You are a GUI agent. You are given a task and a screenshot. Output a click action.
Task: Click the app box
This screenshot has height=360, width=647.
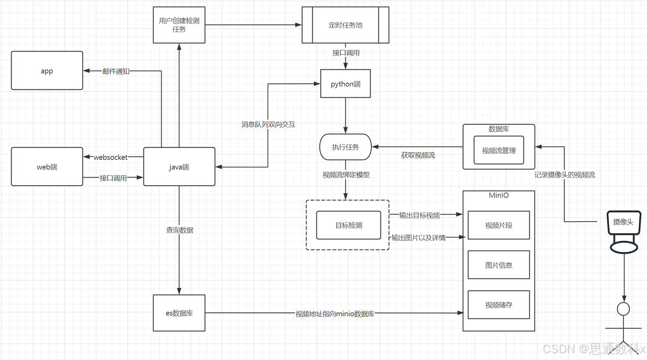pos(47,71)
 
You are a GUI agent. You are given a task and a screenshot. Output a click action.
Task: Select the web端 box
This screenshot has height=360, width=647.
pos(47,167)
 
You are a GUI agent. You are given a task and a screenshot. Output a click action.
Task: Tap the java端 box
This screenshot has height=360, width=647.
pos(179,167)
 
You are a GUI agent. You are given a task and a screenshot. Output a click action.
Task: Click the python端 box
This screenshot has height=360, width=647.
pos(345,84)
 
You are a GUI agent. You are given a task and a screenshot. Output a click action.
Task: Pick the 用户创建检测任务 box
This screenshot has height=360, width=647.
pos(179,25)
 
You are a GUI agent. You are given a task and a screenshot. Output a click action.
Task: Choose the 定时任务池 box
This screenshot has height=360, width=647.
pos(345,25)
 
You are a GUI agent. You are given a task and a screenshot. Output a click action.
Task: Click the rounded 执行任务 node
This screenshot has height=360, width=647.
pos(345,147)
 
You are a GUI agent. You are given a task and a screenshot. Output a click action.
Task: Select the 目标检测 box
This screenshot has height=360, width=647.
pos(349,225)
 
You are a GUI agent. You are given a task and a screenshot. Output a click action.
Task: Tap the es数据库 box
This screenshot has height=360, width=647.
pos(179,313)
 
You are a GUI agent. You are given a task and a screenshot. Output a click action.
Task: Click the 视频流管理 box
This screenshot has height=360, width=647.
pos(499,150)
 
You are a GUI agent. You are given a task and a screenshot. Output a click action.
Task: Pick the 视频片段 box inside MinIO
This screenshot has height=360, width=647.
pos(499,225)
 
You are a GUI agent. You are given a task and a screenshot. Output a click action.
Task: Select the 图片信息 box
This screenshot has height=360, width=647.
pos(499,265)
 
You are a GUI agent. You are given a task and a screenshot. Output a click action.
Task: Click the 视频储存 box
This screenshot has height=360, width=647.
pos(499,305)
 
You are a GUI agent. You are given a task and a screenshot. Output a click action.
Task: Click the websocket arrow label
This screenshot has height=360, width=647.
pos(111,157)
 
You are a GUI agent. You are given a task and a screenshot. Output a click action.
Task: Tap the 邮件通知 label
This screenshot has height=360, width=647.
pos(116,71)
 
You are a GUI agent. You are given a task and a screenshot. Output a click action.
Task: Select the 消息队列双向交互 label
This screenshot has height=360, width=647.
pos(268,124)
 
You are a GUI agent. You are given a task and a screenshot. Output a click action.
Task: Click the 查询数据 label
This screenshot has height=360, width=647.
pos(179,230)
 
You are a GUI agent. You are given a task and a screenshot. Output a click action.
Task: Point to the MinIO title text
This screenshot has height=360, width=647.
pos(499,195)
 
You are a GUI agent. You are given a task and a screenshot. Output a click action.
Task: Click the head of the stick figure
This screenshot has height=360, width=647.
pos(623,309)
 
